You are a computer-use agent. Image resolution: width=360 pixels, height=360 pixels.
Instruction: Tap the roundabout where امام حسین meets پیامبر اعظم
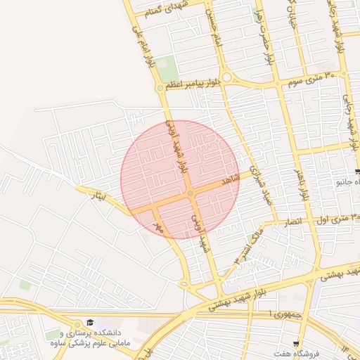point(226,78)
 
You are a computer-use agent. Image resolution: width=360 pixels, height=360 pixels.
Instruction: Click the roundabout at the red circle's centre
point(190,193)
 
